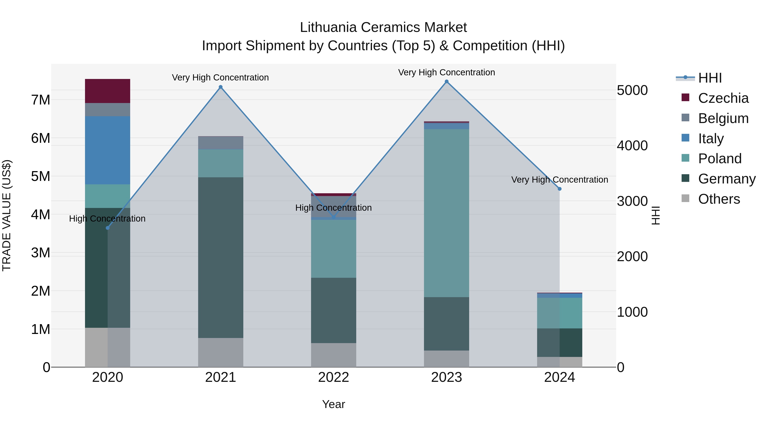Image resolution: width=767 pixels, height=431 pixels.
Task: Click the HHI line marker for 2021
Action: (221, 87)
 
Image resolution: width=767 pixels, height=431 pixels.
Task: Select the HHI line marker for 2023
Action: (447, 82)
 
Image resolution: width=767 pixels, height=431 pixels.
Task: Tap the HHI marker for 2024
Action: (559, 189)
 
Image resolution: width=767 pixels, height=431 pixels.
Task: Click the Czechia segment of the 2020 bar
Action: (108, 91)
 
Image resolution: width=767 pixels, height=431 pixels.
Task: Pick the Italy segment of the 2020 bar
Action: (108, 150)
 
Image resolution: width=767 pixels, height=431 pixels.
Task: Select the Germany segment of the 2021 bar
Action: (221, 257)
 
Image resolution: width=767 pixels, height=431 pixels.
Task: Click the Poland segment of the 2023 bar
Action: (447, 213)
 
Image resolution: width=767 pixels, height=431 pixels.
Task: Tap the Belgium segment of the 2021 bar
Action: (221, 143)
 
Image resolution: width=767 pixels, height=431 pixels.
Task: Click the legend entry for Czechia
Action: (723, 98)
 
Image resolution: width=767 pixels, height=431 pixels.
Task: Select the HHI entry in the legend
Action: (710, 78)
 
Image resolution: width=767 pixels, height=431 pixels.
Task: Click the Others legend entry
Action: (719, 199)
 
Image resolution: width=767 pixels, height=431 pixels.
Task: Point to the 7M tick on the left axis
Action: (40, 100)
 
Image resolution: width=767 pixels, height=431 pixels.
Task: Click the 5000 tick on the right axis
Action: (632, 90)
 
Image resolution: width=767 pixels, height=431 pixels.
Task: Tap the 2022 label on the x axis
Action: (333, 377)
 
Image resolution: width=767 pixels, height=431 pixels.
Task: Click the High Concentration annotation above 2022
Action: (333, 208)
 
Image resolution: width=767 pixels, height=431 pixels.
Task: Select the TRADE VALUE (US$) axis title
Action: (7, 215)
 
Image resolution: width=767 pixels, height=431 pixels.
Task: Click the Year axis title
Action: (333, 404)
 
